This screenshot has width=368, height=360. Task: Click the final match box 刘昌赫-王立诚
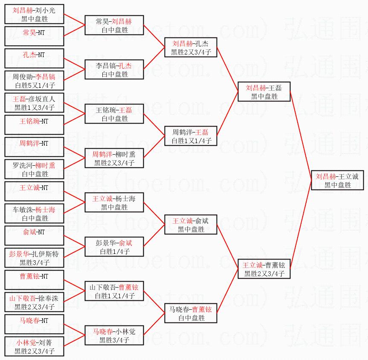337,181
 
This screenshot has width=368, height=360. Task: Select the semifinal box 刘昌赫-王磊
264,92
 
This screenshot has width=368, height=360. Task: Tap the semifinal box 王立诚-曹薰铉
264,269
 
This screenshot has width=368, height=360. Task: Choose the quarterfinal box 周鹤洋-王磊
191,136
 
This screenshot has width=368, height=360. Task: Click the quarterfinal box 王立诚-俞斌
191,225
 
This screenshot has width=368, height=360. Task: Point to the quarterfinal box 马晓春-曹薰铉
191,314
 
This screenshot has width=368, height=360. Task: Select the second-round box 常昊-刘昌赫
114,26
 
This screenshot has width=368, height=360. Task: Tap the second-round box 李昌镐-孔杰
114,70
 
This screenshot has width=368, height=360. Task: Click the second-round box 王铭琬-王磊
114,114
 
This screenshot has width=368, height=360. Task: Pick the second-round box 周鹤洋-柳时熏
114,158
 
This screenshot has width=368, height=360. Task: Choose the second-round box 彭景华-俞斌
114,247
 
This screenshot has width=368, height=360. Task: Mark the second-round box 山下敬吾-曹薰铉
114,291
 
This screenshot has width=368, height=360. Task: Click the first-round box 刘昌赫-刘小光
35,14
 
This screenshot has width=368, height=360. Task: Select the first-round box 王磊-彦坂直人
35,103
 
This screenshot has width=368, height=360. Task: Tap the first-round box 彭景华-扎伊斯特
35,258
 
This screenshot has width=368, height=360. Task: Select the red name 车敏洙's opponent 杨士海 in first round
45,209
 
